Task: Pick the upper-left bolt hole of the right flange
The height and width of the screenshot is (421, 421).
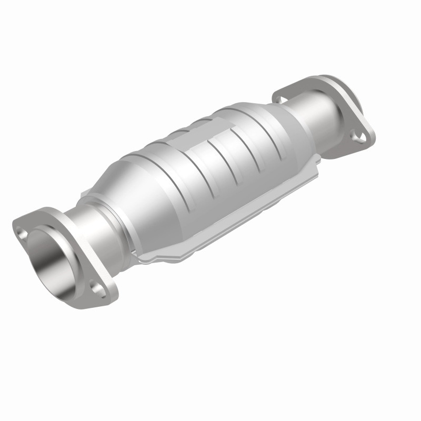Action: (x=279, y=98)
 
